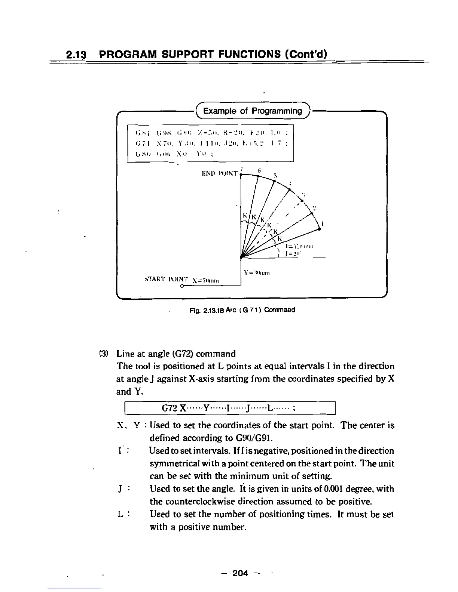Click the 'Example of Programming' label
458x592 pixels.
pyautogui.click(x=252, y=111)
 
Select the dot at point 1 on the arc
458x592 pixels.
pyautogui.click(x=320, y=229)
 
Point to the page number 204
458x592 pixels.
pyautogui.click(x=240, y=573)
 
